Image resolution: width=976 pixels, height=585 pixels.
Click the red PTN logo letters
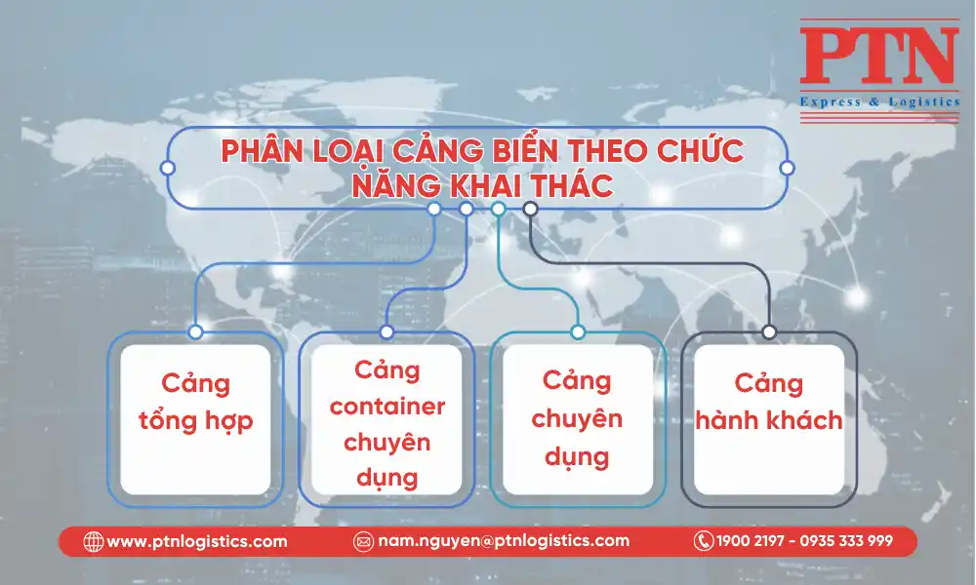pos(879,56)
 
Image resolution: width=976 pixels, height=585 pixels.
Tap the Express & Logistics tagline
pos(879,102)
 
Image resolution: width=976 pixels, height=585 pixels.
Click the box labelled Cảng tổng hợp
pos(195,419)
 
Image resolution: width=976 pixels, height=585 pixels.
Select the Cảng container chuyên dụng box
pos(386,419)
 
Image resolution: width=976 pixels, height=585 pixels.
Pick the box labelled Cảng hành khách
pos(769,419)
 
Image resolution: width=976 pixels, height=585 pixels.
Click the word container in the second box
pos(387,407)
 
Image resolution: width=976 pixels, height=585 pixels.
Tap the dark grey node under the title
pos(530,209)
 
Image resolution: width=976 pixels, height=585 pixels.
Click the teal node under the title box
pos(498,209)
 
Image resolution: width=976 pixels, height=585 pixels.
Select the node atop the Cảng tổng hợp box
pos(195,331)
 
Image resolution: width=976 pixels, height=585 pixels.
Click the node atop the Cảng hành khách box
pos(769,331)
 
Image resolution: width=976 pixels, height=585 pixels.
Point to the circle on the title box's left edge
pos(168,168)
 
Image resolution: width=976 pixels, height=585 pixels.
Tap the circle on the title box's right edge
pos(787,168)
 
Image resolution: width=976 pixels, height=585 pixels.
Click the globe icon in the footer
pos(94,541)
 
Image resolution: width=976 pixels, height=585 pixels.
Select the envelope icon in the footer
pos(363,541)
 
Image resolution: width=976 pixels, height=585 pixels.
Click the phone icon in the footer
pos(704,541)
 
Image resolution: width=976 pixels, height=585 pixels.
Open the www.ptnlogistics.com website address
pos(197,541)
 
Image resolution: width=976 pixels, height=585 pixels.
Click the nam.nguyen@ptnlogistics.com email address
pos(504,541)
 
